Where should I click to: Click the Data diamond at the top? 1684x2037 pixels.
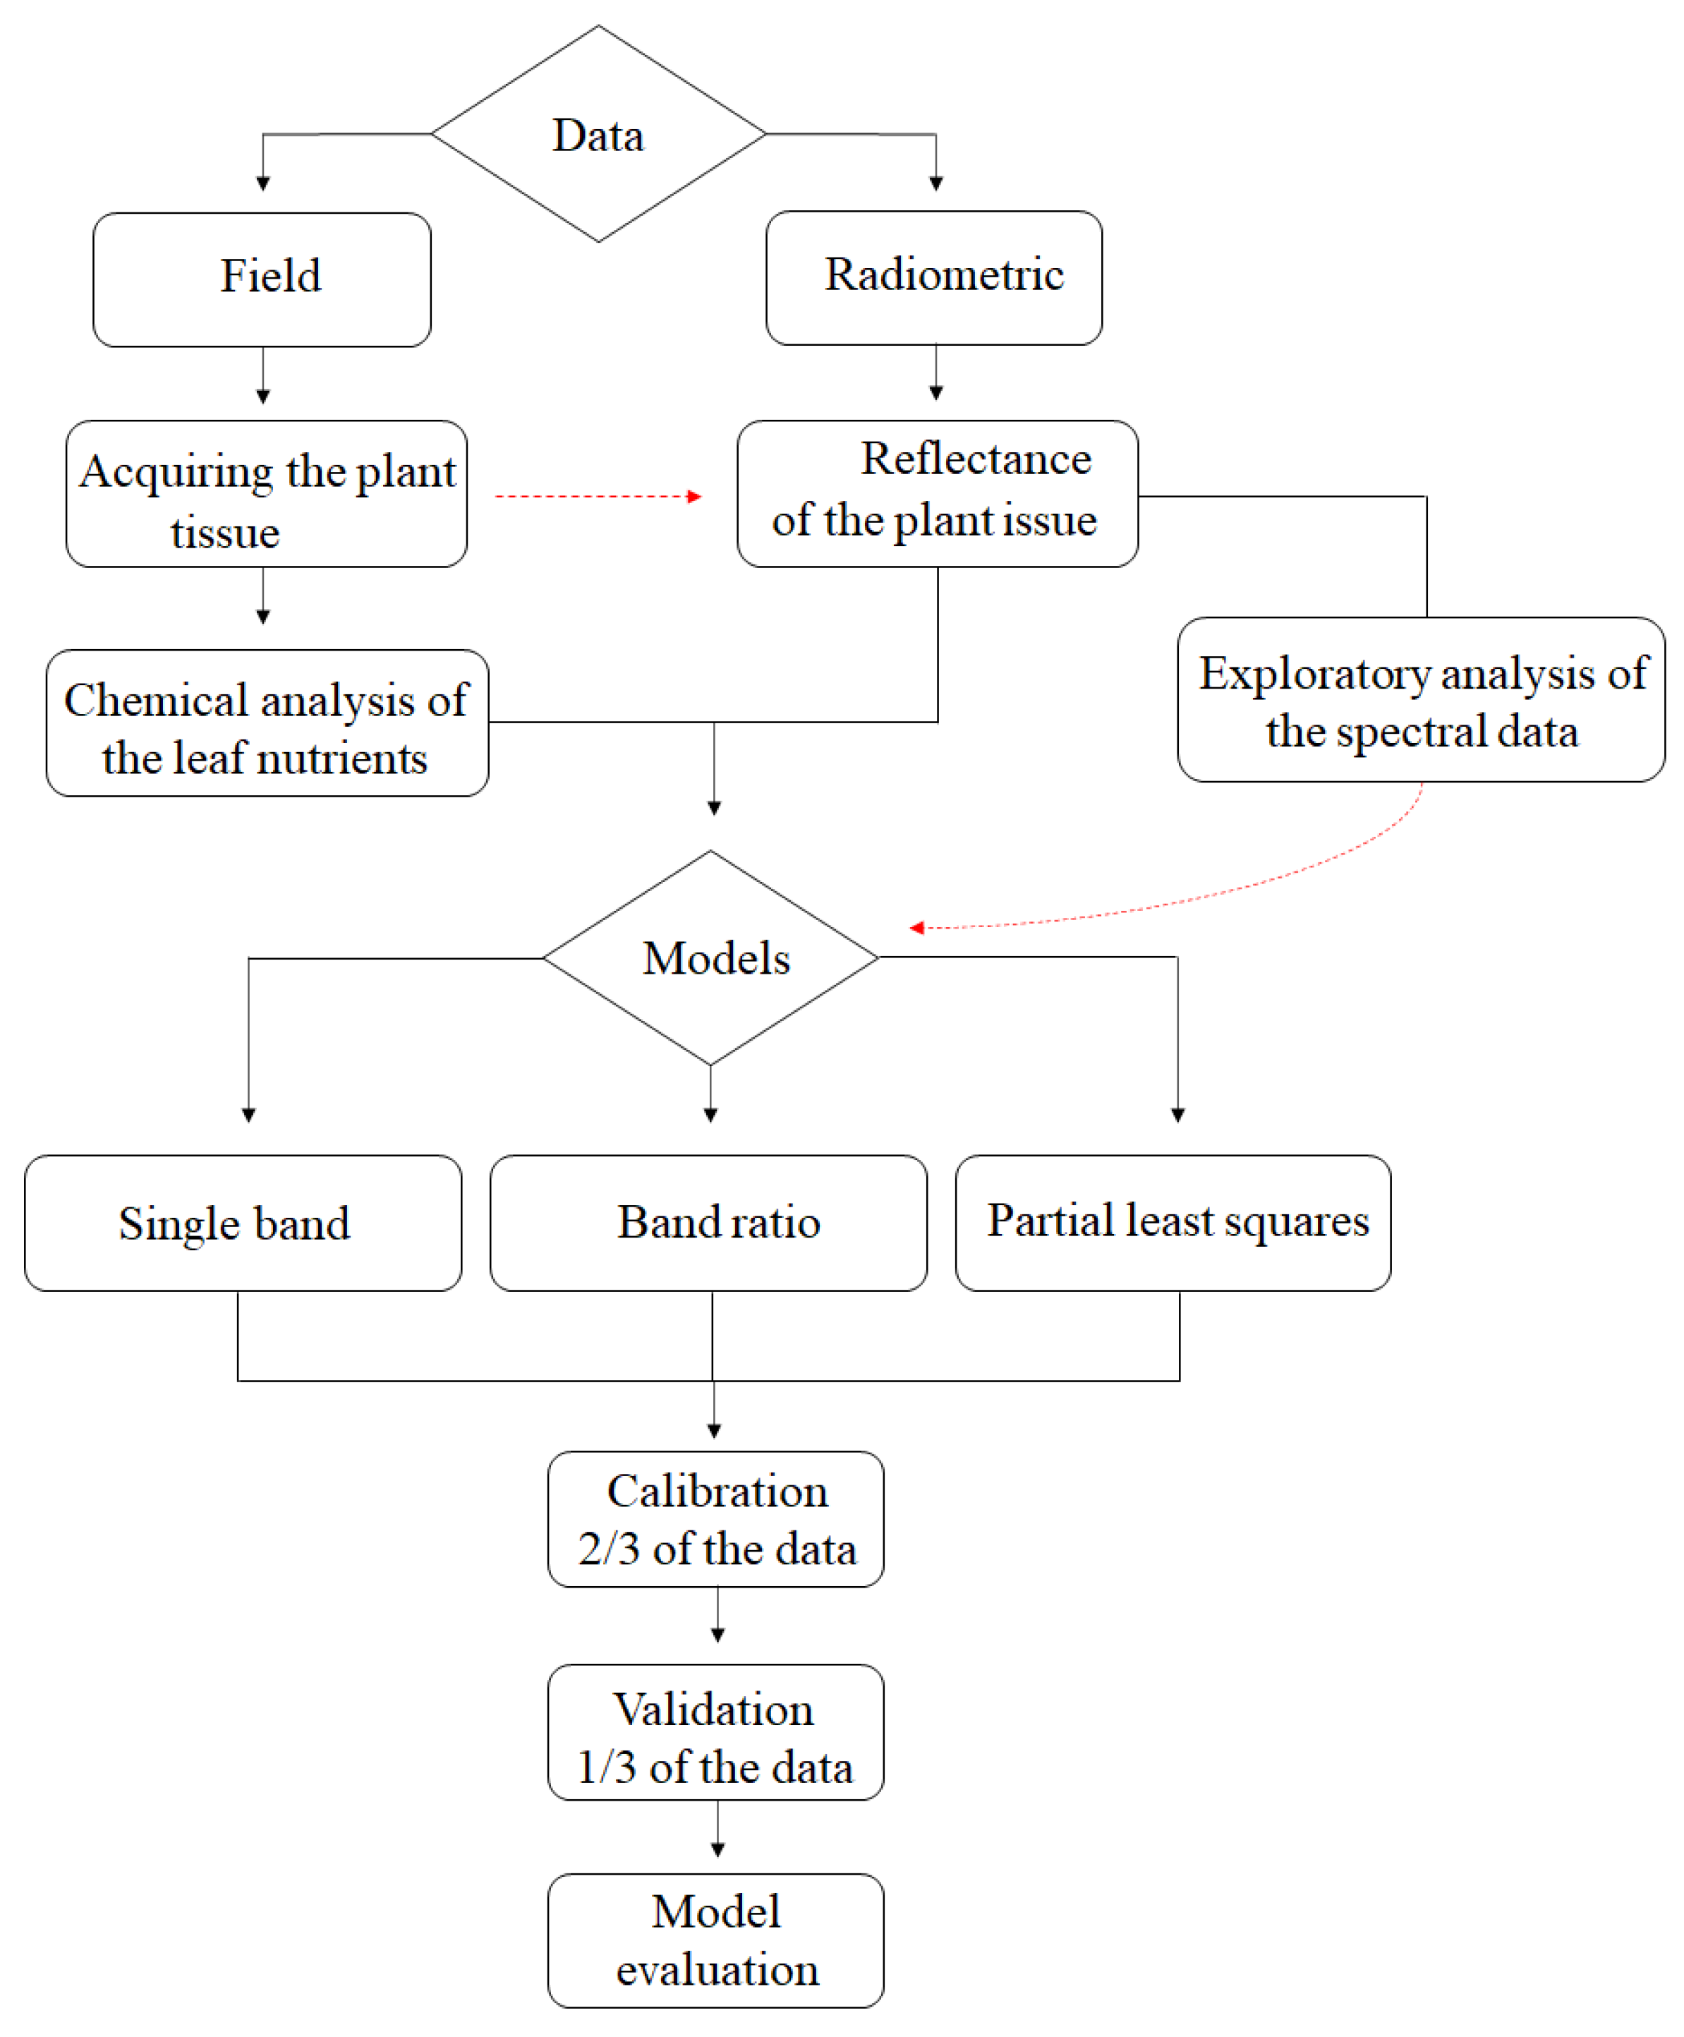[598, 134]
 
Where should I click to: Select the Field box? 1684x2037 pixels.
[262, 279]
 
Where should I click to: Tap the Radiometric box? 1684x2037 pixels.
[933, 277]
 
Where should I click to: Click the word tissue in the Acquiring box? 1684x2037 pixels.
[225, 533]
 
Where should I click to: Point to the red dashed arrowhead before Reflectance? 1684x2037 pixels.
[693, 497]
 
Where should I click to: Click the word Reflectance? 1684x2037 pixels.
[976, 459]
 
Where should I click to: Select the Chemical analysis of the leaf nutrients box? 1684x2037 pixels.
[267, 724]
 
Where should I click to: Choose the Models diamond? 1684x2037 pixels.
[711, 957]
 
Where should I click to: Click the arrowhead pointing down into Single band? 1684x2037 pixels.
[249, 1116]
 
